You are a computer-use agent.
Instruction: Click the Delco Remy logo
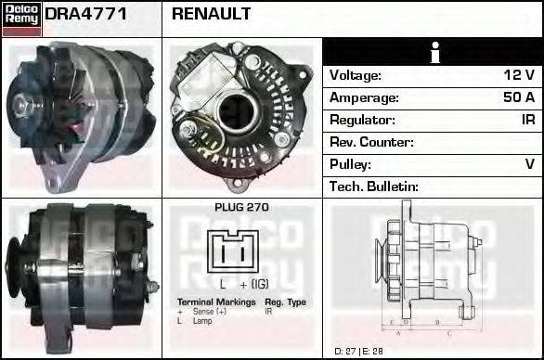(21, 18)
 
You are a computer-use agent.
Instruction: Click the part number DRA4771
(86, 15)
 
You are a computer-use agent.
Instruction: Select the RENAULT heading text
(212, 15)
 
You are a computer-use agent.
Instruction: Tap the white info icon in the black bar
(433, 53)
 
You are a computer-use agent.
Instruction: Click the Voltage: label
(356, 76)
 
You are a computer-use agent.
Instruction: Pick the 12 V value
(519, 76)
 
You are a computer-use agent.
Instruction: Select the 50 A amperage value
(518, 97)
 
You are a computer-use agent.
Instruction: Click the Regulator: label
(362, 120)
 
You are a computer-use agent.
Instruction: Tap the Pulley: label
(351, 164)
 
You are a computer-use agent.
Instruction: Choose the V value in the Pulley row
(530, 164)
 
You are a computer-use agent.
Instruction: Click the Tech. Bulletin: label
(374, 186)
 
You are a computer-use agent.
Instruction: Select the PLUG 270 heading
(241, 208)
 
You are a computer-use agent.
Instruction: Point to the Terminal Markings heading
(215, 302)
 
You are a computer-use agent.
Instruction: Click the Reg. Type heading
(285, 302)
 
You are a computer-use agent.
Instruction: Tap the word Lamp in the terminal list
(202, 320)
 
